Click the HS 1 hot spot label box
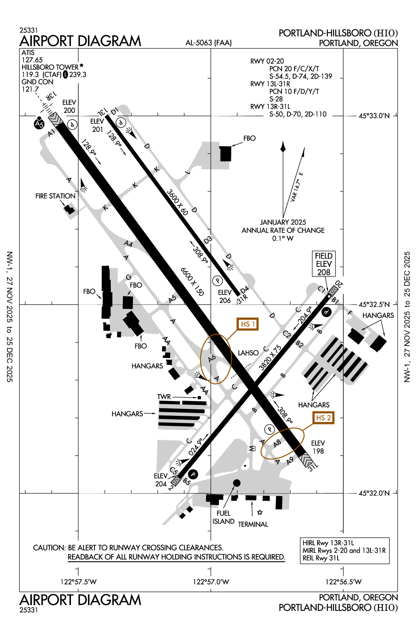[x=248, y=324]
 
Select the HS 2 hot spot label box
[x=323, y=418]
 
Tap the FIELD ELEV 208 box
[x=324, y=264]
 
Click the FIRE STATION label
[x=55, y=196]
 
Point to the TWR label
[x=164, y=396]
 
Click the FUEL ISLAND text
[x=223, y=517]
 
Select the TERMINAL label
[x=253, y=524]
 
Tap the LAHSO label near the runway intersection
[x=248, y=353]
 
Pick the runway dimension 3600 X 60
[x=177, y=202]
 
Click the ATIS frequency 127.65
[x=32, y=60]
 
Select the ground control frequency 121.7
[x=30, y=89]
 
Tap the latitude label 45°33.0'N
[x=374, y=116]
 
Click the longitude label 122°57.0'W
[x=211, y=581]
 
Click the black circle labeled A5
[x=39, y=124]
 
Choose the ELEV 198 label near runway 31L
[x=318, y=447]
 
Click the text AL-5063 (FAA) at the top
[x=208, y=43]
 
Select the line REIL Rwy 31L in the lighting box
[x=321, y=558]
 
